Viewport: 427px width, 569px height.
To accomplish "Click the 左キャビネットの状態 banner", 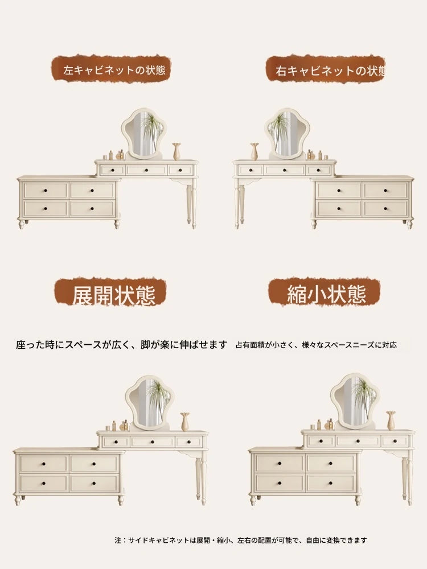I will (x=111, y=69).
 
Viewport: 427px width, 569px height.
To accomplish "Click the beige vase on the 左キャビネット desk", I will (x=176, y=151).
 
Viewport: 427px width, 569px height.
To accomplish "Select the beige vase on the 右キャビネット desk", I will (x=254, y=151).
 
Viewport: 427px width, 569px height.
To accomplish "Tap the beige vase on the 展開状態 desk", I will (x=185, y=422).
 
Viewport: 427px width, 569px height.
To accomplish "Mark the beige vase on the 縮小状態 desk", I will (x=391, y=420).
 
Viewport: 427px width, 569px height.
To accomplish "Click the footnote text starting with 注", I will (x=240, y=540).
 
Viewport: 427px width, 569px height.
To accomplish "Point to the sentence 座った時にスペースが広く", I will (x=121, y=345).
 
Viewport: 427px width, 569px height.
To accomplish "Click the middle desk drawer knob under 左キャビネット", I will (x=146, y=170).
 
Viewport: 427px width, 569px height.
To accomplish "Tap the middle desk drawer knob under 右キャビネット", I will (x=284, y=170).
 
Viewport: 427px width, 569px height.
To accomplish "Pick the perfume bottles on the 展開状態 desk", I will (x=119, y=426).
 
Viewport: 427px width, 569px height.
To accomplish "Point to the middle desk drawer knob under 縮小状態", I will (x=358, y=441).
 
